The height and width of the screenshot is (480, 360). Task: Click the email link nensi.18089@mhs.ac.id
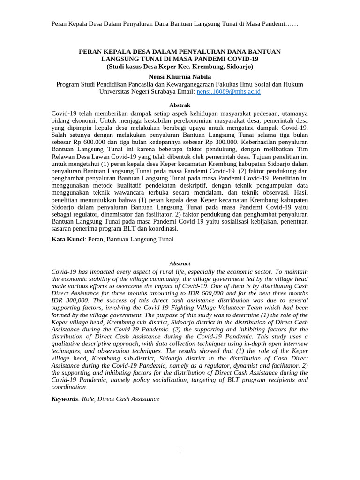(228, 92)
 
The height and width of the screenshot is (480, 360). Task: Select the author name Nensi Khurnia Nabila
(180, 76)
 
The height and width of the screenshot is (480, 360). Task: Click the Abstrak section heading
(180, 105)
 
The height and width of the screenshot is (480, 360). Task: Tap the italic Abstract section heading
(180, 263)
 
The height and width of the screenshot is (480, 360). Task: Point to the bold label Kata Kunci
(67, 239)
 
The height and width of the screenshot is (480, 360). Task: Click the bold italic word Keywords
(65, 399)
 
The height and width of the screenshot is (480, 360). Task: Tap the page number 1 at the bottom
(180, 451)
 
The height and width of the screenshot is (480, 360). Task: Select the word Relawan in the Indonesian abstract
(64, 156)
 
